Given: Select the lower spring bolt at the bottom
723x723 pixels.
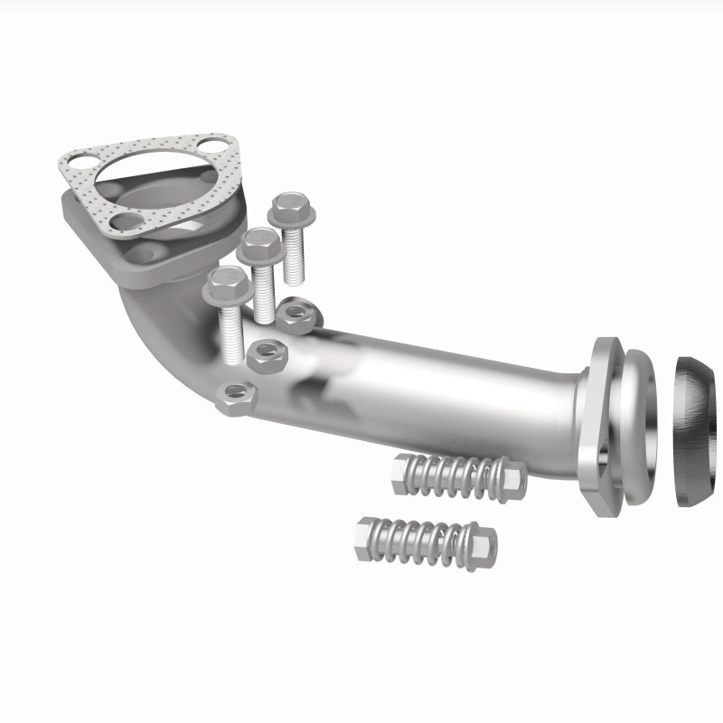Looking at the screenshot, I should [x=425, y=540].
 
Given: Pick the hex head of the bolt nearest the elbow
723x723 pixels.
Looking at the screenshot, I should [x=226, y=286].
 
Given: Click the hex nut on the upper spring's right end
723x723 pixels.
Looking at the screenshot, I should [x=512, y=482].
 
